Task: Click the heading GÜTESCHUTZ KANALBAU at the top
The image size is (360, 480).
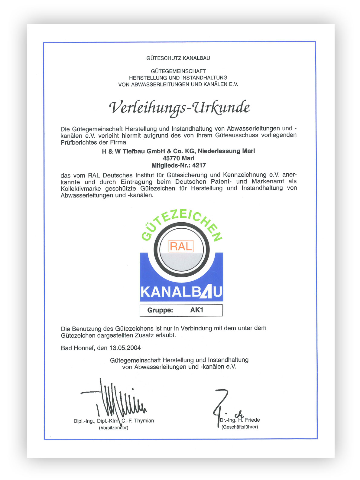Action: [178, 58]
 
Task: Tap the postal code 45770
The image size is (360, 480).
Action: [171, 158]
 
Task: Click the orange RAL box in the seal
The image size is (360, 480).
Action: [181, 246]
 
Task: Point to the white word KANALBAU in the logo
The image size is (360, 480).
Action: [181, 292]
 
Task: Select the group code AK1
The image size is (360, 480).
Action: [197, 310]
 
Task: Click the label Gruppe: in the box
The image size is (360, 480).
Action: [160, 310]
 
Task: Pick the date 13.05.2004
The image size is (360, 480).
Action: [125, 348]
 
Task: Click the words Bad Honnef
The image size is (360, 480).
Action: [78, 348]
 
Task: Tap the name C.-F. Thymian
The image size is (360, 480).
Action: [138, 421]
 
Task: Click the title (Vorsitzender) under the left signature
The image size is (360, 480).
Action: [114, 428]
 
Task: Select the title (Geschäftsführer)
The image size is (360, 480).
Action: [240, 427]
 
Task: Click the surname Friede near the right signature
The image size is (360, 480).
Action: [252, 420]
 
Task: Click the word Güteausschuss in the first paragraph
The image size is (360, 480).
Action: [237, 136]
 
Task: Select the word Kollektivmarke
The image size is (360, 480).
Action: [81, 188]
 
